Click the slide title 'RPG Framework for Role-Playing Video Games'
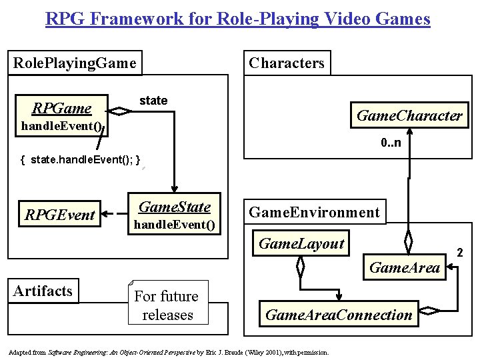[x=238, y=18]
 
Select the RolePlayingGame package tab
[x=75, y=63]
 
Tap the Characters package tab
[x=287, y=63]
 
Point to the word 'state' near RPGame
[x=153, y=101]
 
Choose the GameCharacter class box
[x=409, y=115]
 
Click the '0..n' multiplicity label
[x=391, y=143]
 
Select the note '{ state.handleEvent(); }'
[x=81, y=160]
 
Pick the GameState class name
[x=174, y=207]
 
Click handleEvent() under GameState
[x=175, y=225]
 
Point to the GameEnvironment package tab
[x=314, y=213]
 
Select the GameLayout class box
[x=301, y=244]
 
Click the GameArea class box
[x=404, y=268]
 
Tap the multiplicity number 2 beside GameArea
[x=459, y=252]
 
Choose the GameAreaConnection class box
[x=339, y=315]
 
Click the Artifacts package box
[x=43, y=291]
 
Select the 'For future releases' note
[x=167, y=305]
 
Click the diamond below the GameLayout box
[x=300, y=268]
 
